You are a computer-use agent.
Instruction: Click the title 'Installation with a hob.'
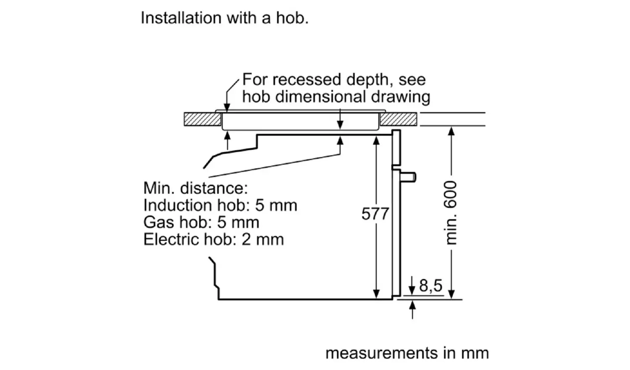pos(224,18)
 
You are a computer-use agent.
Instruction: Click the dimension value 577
pos(375,214)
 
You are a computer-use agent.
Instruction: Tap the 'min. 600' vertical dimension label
pos(450,213)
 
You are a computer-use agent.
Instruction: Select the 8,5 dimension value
pos(430,286)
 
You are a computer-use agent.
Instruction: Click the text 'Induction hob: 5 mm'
pos(220,205)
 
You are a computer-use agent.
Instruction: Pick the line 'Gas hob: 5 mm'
pos(201,222)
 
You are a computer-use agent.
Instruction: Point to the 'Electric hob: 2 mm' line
pos(214,239)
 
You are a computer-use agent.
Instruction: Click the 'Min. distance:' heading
pos(196,188)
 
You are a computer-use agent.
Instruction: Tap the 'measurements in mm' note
pos(407,353)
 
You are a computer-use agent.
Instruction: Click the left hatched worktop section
pos(202,119)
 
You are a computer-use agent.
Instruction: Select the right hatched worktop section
pos(398,119)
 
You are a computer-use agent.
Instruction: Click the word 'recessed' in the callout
pos(307,79)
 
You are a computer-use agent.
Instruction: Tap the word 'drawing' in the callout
pos(401,97)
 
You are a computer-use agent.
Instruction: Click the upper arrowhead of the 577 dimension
pos(376,140)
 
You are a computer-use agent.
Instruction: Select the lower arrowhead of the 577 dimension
pos(376,294)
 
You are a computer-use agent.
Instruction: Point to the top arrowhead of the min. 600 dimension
pos(451,131)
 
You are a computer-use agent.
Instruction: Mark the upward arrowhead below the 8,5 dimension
pos(412,305)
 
